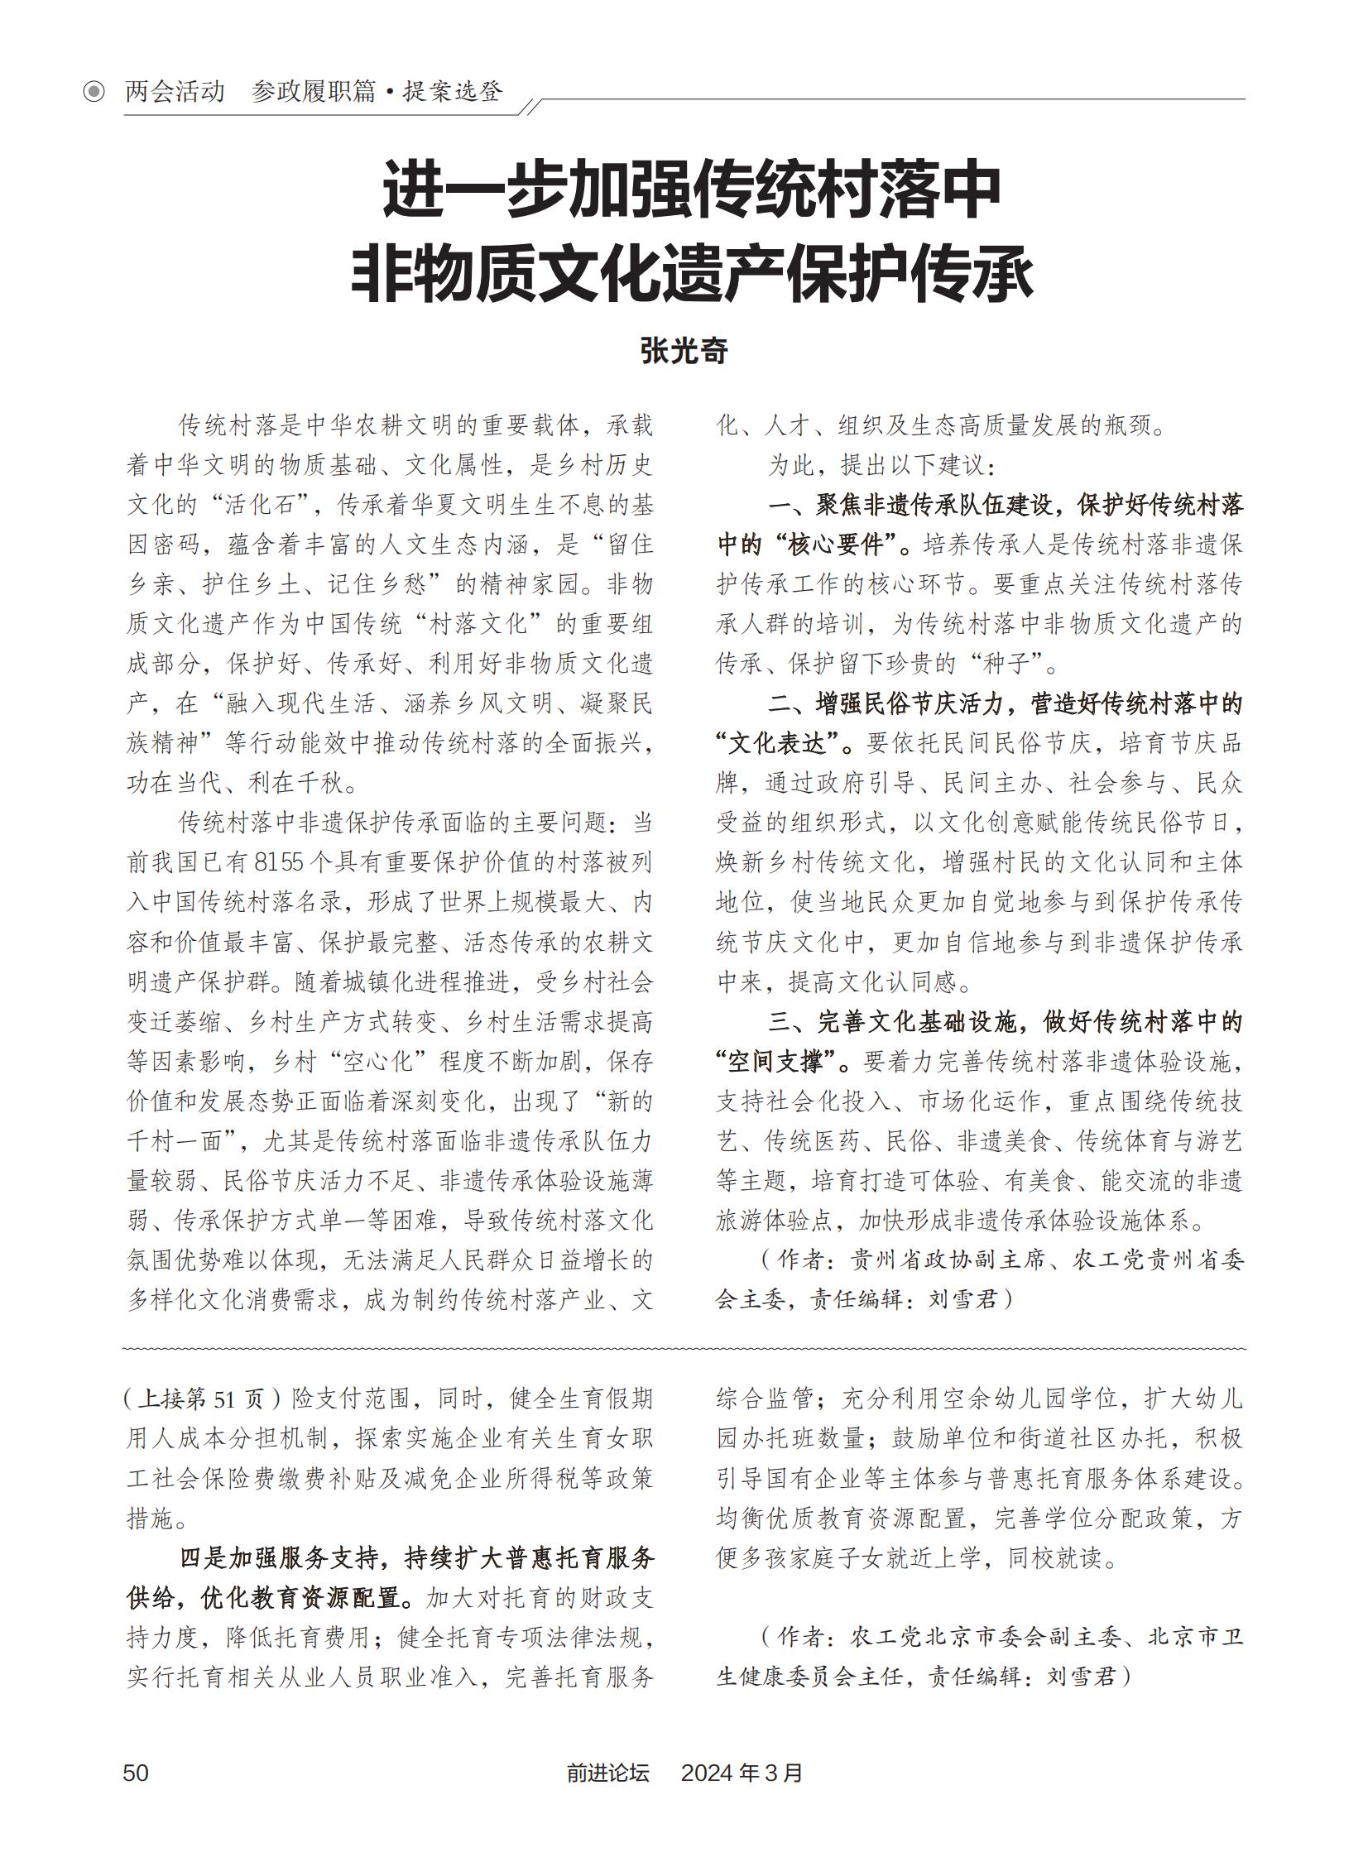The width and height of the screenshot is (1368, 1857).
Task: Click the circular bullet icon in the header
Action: pos(94,91)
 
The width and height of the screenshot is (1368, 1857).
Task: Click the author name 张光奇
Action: pos(684,351)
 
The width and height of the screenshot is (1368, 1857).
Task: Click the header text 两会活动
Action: pos(175,91)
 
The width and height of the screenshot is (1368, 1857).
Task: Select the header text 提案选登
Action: pos(452,91)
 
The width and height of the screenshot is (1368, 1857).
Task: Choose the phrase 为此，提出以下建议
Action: pos(879,465)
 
